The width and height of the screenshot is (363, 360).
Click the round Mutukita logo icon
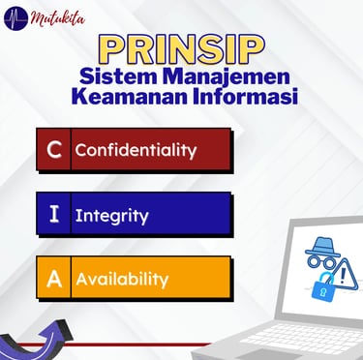coord(16,18)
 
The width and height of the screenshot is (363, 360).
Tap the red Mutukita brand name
coord(58,18)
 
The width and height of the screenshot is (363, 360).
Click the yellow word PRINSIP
coord(181,50)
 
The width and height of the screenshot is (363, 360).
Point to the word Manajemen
coord(227,77)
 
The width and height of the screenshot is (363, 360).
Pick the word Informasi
coord(246,97)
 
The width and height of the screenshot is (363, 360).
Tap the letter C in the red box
coord(54,150)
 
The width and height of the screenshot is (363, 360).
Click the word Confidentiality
coord(136,151)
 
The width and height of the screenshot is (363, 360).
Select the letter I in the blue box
coord(54,214)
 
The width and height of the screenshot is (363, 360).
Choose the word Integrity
coord(111,216)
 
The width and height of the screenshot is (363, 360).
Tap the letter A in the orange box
coord(54,279)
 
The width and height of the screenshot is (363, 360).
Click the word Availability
coord(122,280)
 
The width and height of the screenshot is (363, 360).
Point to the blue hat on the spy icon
coord(322,246)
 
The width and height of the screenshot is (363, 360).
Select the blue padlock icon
coord(322,286)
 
